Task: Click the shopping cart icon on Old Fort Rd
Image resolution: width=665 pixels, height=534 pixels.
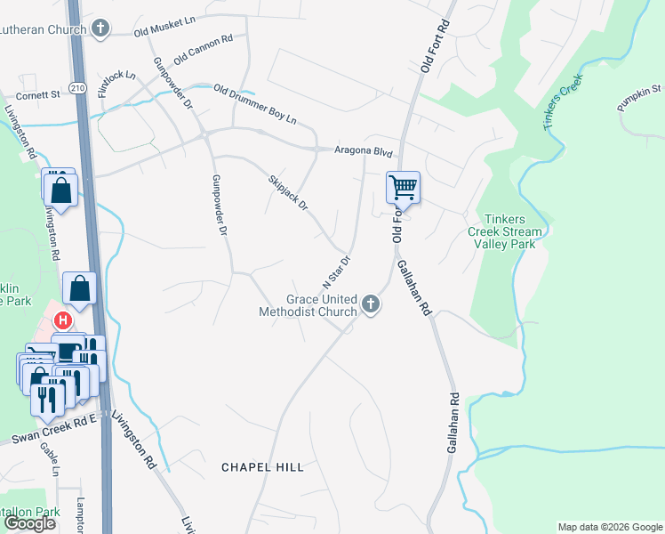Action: (x=403, y=188)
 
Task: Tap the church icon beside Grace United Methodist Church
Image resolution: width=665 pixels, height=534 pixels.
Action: (x=370, y=306)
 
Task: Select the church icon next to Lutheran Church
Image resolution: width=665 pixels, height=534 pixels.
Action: (x=100, y=28)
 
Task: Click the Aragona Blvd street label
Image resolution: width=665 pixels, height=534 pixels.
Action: (x=363, y=153)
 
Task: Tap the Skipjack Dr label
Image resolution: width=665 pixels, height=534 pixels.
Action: (x=287, y=192)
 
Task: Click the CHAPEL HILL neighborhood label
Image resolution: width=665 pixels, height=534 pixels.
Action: (x=262, y=466)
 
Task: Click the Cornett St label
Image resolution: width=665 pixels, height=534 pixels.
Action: (x=37, y=93)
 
